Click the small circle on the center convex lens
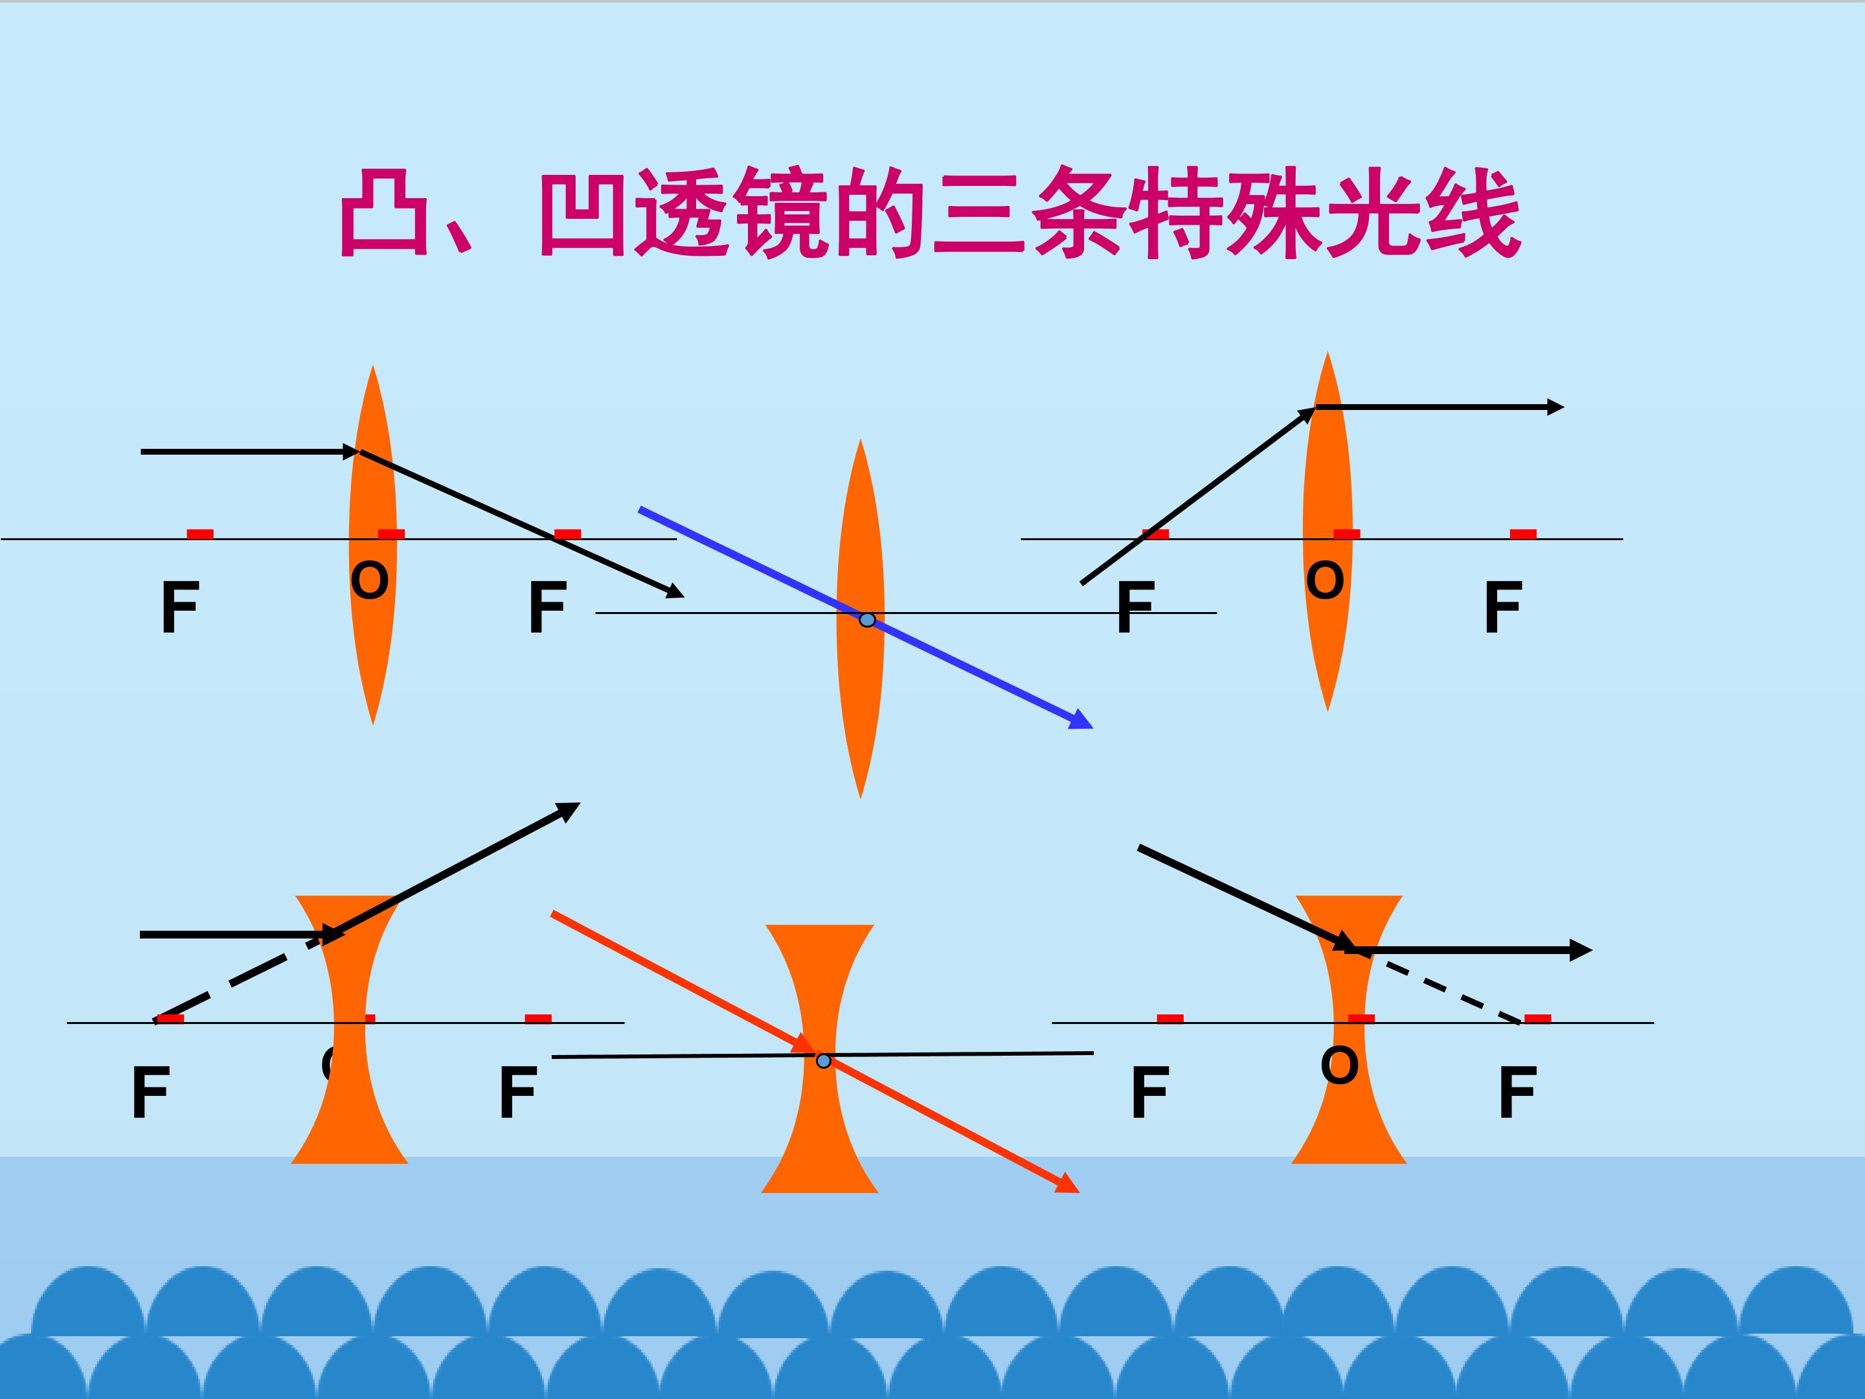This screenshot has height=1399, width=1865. (866, 620)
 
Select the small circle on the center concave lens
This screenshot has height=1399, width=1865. (824, 1060)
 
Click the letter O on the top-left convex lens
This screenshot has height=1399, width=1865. (370, 581)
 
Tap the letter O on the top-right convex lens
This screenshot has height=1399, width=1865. (1326, 581)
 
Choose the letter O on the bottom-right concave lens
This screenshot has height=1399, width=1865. (1340, 1065)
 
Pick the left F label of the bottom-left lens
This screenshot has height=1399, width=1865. (151, 1092)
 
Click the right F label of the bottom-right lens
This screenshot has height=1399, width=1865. (1517, 1092)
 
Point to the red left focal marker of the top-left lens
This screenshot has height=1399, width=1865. (200, 534)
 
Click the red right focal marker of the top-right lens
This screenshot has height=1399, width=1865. (1522, 534)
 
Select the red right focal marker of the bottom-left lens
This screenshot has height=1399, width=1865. (538, 1019)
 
